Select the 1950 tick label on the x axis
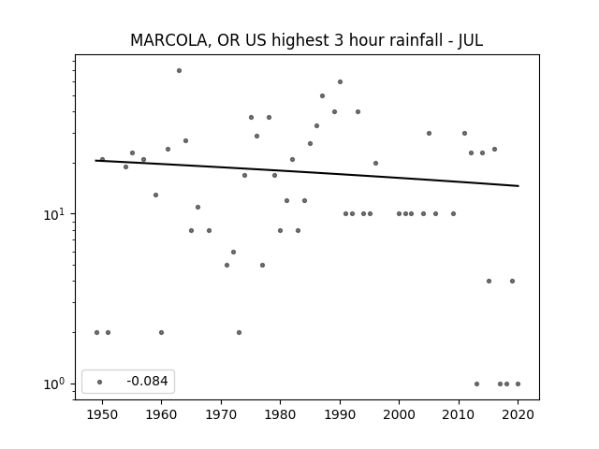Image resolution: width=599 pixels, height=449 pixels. pos(102,414)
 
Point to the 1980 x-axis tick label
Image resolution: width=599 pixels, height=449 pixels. pos(281,414)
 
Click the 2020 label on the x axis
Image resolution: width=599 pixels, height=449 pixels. pos(518,414)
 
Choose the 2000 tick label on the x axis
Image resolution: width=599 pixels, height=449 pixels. pos(400,414)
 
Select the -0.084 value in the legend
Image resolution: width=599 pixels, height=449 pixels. pos(147,381)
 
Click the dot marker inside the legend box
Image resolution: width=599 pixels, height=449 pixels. pos(100,382)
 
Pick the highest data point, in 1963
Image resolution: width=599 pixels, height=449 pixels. pos(179,71)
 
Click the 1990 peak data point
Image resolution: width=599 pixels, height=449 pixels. pos(340,81)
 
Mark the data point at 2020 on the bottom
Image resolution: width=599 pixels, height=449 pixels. pos(518,384)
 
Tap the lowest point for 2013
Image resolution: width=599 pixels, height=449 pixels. pos(476,384)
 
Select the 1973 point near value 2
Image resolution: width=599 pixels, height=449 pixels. pos(240,333)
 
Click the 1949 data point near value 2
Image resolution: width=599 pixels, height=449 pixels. pos(96,333)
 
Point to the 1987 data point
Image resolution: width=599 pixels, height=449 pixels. pos(322,95)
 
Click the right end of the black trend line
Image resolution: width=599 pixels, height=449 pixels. pos(519,186)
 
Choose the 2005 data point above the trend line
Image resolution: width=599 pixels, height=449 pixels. pos(429,133)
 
